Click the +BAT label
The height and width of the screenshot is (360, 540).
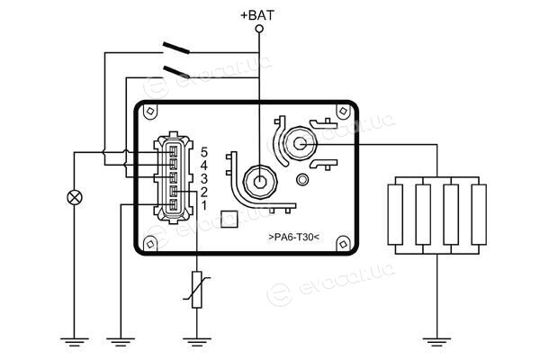(257, 15)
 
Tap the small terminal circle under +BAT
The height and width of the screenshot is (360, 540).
(260, 29)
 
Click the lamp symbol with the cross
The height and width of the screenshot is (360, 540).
(75, 198)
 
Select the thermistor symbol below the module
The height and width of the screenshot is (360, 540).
(196, 290)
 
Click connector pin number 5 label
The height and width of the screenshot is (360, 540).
(204, 152)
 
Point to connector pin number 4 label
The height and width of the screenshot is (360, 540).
(204, 166)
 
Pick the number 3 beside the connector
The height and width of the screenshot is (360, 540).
(204, 179)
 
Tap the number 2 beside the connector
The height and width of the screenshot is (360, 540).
(204, 192)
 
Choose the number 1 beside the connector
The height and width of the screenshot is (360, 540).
(204, 205)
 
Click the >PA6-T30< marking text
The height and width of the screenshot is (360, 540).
(293, 238)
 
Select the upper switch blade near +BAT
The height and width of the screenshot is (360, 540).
(176, 48)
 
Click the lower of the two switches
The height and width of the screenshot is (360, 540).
(176, 72)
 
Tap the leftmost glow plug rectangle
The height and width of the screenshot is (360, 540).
(395, 215)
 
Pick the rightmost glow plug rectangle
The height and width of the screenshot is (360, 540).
(479, 215)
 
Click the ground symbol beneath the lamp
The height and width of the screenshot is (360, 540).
(75, 342)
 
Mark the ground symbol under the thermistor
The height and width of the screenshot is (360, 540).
(196, 342)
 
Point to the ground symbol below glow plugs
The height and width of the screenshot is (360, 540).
(437, 342)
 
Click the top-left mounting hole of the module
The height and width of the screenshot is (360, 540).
(150, 111)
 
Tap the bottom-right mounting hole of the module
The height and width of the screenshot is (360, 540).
(343, 244)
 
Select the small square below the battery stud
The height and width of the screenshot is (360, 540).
(229, 219)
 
